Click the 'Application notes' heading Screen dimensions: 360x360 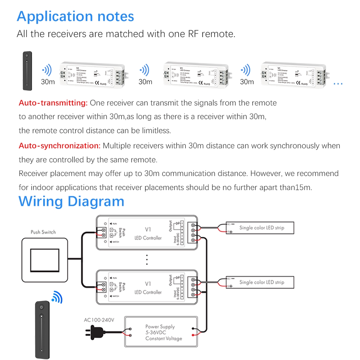point(75,17)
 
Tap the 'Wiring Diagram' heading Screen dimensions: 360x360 point(71,201)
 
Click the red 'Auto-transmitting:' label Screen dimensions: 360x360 point(53,103)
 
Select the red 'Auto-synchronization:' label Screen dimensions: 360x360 point(59,146)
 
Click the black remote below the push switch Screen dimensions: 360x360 point(42,330)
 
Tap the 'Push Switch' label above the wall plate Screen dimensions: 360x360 point(43,232)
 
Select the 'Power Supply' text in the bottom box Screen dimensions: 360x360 point(160,327)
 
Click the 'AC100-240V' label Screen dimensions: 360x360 point(99,320)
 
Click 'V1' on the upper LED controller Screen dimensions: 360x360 point(148,229)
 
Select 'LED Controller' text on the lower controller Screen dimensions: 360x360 point(148,292)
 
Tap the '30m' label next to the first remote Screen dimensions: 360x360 point(48,82)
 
